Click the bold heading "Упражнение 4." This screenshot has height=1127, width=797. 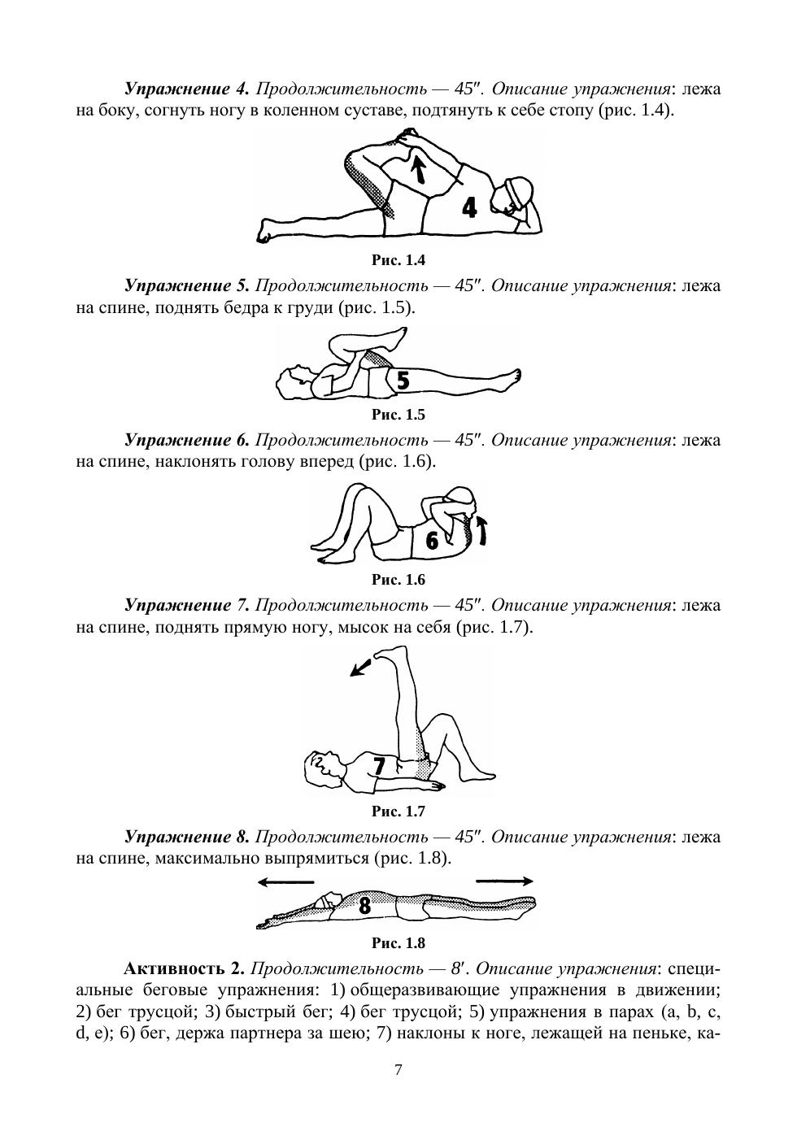(x=186, y=89)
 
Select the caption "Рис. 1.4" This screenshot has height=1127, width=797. (x=398, y=260)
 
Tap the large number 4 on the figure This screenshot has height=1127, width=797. (x=469, y=207)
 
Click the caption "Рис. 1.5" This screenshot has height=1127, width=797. (x=398, y=415)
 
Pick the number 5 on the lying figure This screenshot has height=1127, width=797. (x=402, y=380)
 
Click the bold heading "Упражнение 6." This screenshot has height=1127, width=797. (x=186, y=440)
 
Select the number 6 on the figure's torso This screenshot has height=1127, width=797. (x=433, y=540)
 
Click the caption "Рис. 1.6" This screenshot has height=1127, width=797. (x=398, y=580)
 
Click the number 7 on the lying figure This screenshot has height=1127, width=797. (x=379, y=766)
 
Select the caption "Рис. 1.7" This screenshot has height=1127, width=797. (x=398, y=812)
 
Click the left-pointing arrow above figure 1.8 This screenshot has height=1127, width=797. (x=285, y=881)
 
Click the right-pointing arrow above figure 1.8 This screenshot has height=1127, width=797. (x=504, y=881)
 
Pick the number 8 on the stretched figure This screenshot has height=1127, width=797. (x=364, y=905)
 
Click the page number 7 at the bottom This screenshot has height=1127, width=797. (x=398, y=1070)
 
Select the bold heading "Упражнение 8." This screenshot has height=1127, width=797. (x=186, y=837)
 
